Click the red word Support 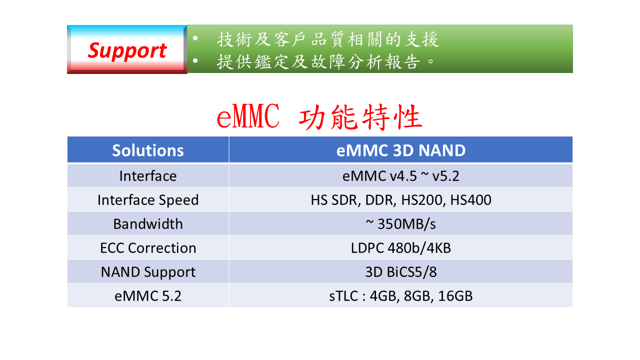coord(127,51)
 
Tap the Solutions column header coord(148,150)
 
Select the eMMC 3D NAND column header coord(401,150)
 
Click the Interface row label coord(148,176)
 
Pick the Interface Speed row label coord(148,200)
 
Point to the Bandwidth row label coord(148,224)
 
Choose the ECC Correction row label coord(148,248)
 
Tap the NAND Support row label coord(148,272)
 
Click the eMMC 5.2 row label coord(148,296)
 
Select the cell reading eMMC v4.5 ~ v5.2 coord(401,176)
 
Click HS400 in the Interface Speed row coord(471,200)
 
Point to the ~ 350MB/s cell coord(401,224)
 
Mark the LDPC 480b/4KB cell coord(401,248)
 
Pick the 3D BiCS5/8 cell coord(401,272)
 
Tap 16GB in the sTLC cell coord(455,296)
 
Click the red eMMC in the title coord(248,116)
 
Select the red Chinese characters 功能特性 coord(360,117)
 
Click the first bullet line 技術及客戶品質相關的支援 coord(327,39)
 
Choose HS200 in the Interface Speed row coord(421,200)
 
